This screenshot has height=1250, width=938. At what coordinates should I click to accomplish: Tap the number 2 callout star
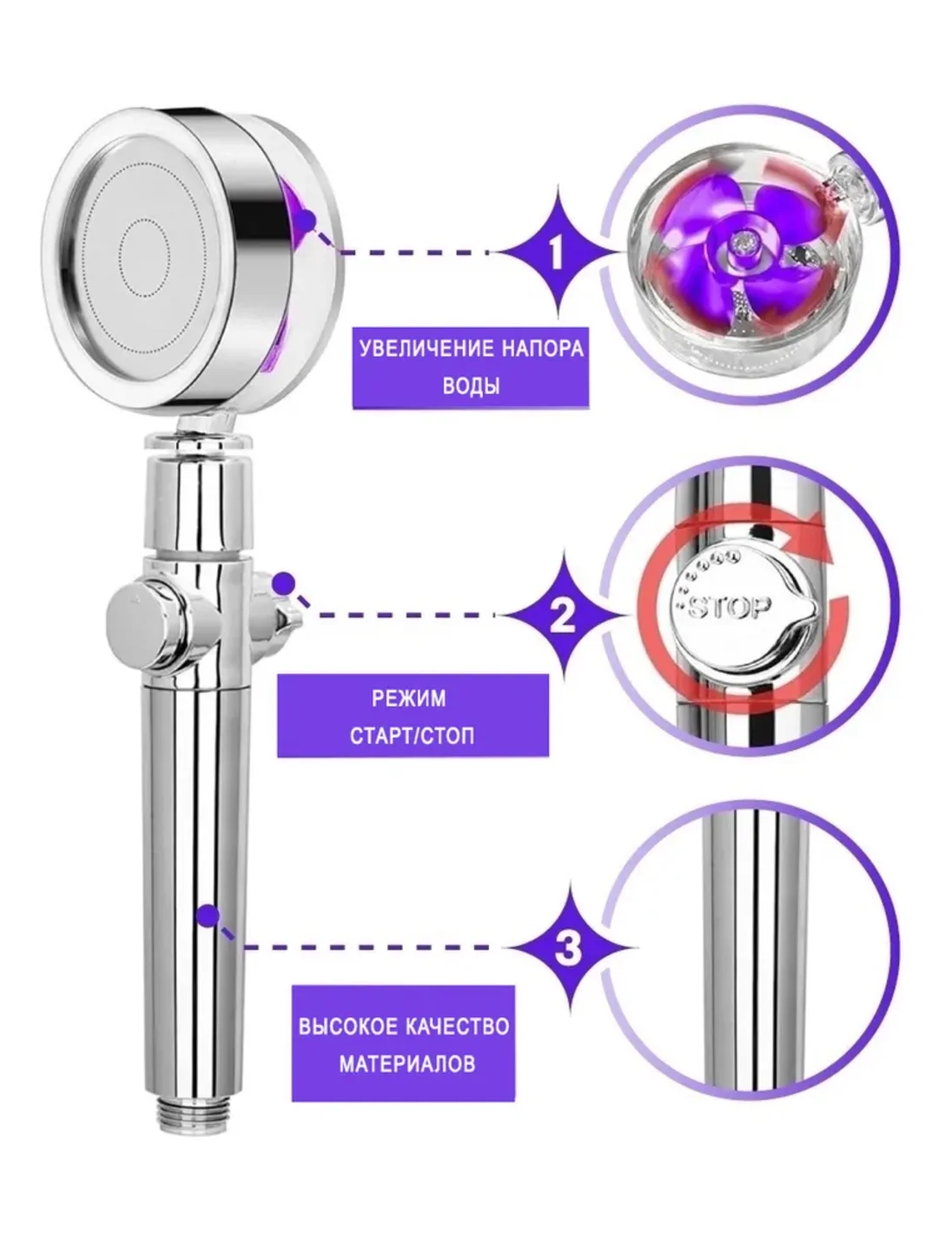point(564,615)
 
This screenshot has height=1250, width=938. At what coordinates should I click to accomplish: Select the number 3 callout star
point(568,948)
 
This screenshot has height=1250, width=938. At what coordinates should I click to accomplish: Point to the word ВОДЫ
point(471,385)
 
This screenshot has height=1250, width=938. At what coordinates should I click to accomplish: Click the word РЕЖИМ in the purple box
point(408,699)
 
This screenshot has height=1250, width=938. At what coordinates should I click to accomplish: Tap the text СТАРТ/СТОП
point(413,737)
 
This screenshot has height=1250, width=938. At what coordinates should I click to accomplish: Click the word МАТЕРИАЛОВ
point(406,1063)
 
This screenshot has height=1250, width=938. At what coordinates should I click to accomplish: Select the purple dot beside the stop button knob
point(283,582)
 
